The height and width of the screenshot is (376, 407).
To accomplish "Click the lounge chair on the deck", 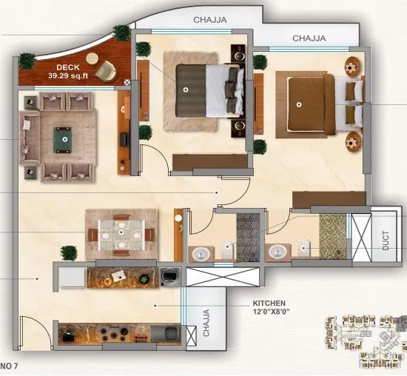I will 106,70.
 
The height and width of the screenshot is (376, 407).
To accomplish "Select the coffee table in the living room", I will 65,138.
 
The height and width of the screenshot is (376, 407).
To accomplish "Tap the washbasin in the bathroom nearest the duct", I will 277,252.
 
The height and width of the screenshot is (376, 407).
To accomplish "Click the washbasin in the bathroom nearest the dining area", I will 200,254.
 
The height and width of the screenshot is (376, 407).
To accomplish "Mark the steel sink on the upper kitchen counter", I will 169,277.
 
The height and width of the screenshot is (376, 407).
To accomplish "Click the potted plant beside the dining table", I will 69,253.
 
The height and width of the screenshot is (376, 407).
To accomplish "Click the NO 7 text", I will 9,366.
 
